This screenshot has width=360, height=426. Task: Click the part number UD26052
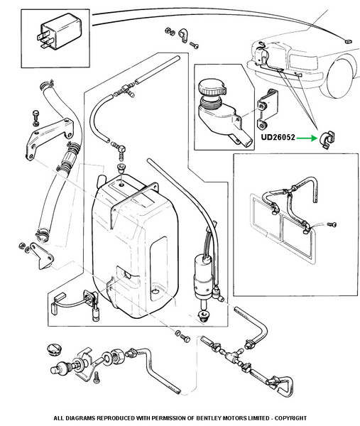278,137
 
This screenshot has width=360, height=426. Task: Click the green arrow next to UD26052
307,138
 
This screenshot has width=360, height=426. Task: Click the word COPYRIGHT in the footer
290,418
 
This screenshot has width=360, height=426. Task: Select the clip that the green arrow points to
327,139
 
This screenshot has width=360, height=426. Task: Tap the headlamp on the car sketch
303,62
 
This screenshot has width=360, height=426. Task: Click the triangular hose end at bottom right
283,386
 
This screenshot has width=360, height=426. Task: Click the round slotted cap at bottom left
55,349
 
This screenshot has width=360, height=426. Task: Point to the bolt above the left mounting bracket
36,118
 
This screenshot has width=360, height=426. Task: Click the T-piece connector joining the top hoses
127,89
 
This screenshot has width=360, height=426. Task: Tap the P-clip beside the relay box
183,35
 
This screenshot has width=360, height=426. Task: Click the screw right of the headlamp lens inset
332,224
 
